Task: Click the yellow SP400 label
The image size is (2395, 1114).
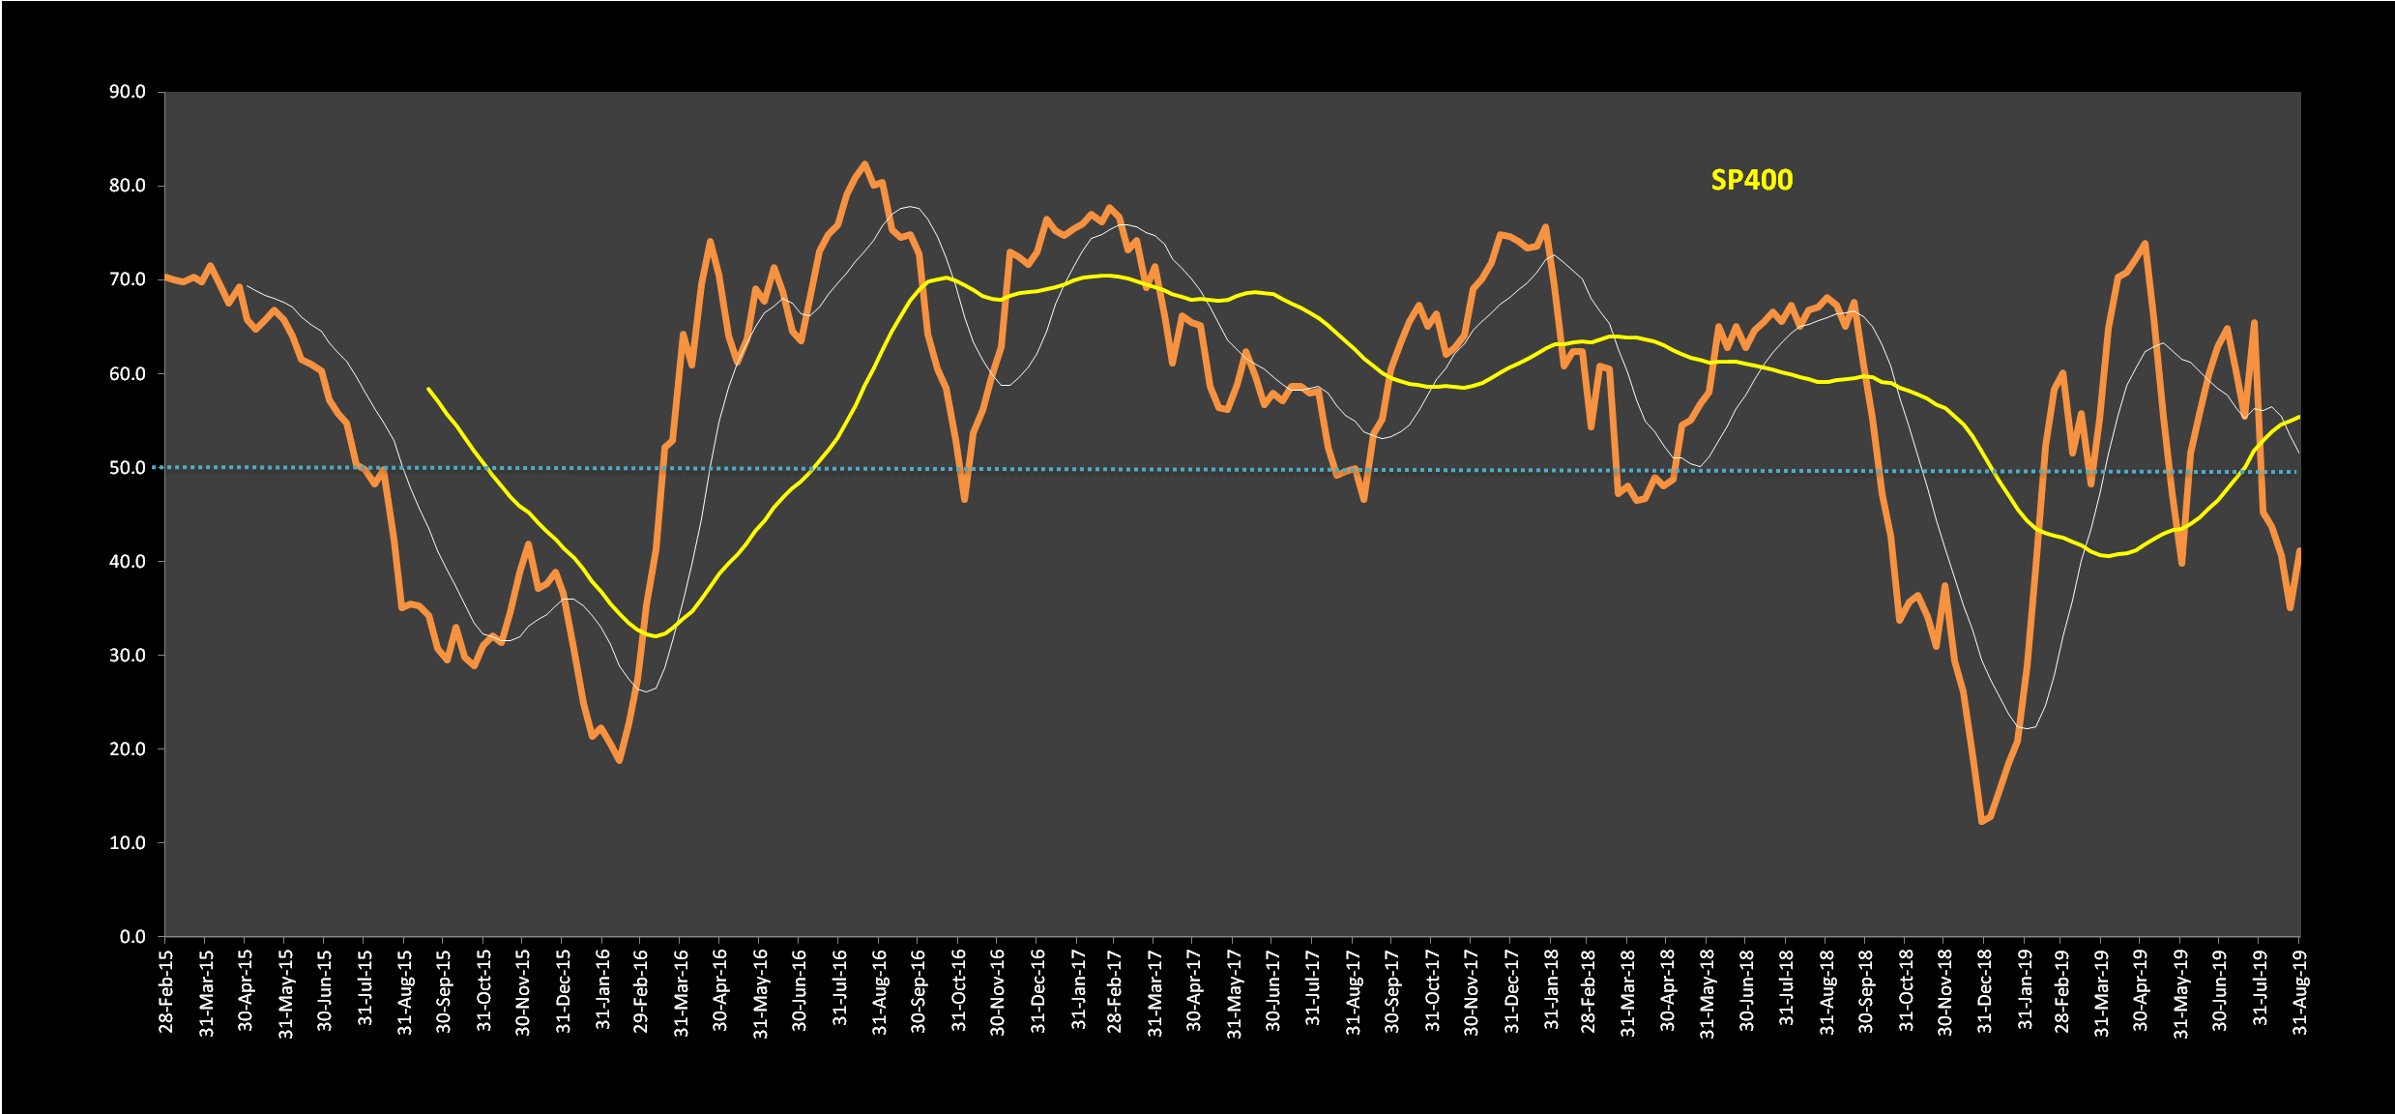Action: pyautogui.click(x=1751, y=181)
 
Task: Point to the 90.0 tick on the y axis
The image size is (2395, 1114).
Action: pyautogui.click(x=128, y=92)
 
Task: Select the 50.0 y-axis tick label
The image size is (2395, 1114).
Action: pyautogui.click(x=128, y=468)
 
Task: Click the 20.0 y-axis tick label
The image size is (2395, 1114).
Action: pyautogui.click(x=128, y=748)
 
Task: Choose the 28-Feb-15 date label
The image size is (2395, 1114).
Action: pyautogui.click(x=166, y=992)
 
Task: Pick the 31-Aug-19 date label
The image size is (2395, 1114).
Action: pyautogui.click(x=2300, y=992)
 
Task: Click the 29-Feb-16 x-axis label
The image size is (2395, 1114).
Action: pyautogui.click(x=641, y=992)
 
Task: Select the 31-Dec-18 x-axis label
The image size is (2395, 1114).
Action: pyautogui.click(x=1984, y=992)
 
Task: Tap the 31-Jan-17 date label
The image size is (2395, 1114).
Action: pyautogui.click(x=1078, y=992)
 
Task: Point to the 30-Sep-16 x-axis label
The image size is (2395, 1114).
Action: pyautogui.click(x=919, y=992)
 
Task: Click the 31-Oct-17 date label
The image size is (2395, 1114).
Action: pyautogui.click(x=1432, y=992)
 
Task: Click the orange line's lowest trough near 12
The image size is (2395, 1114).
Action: pyautogui.click(x=1981, y=822)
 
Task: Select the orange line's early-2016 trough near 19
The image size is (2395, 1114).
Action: pyautogui.click(x=620, y=761)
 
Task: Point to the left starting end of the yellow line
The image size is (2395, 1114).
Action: pyautogui.click(x=428, y=389)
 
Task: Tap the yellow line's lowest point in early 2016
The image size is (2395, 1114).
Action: pyautogui.click(x=656, y=636)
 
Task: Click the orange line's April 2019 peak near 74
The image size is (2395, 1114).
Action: pyautogui.click(x=2146, y=243)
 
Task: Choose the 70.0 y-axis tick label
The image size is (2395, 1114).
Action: pyautogui.click(x=128, y=279)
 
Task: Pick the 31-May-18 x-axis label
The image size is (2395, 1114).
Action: pyautogui.click(x=1708, y=992)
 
